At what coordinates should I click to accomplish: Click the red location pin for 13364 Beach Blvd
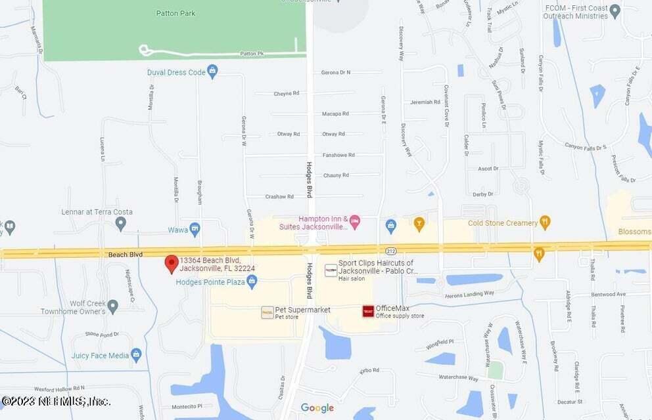pos(171,264)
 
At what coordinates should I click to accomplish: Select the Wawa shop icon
pos(195,228)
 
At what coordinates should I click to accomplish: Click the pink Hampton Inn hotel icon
pos(355,220)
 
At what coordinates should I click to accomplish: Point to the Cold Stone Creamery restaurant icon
pos(544,222)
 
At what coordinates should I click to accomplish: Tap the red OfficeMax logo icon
pos(368,311)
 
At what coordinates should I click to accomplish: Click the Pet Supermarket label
pos(302,310)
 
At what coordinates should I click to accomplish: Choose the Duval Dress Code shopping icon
pos(212,72)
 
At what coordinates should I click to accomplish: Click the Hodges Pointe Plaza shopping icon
pos(251,282)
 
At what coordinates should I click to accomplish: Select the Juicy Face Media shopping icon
pos(136,355)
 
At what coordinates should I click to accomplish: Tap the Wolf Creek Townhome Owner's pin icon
pos(113,306)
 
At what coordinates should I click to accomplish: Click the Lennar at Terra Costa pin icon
pos(120,224)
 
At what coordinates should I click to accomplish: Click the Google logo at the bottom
pos(317,408)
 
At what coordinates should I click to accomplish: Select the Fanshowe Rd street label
pos(338,155)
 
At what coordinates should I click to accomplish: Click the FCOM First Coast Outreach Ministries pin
pos(615,10)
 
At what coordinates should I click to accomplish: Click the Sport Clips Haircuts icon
pos(331,270)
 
